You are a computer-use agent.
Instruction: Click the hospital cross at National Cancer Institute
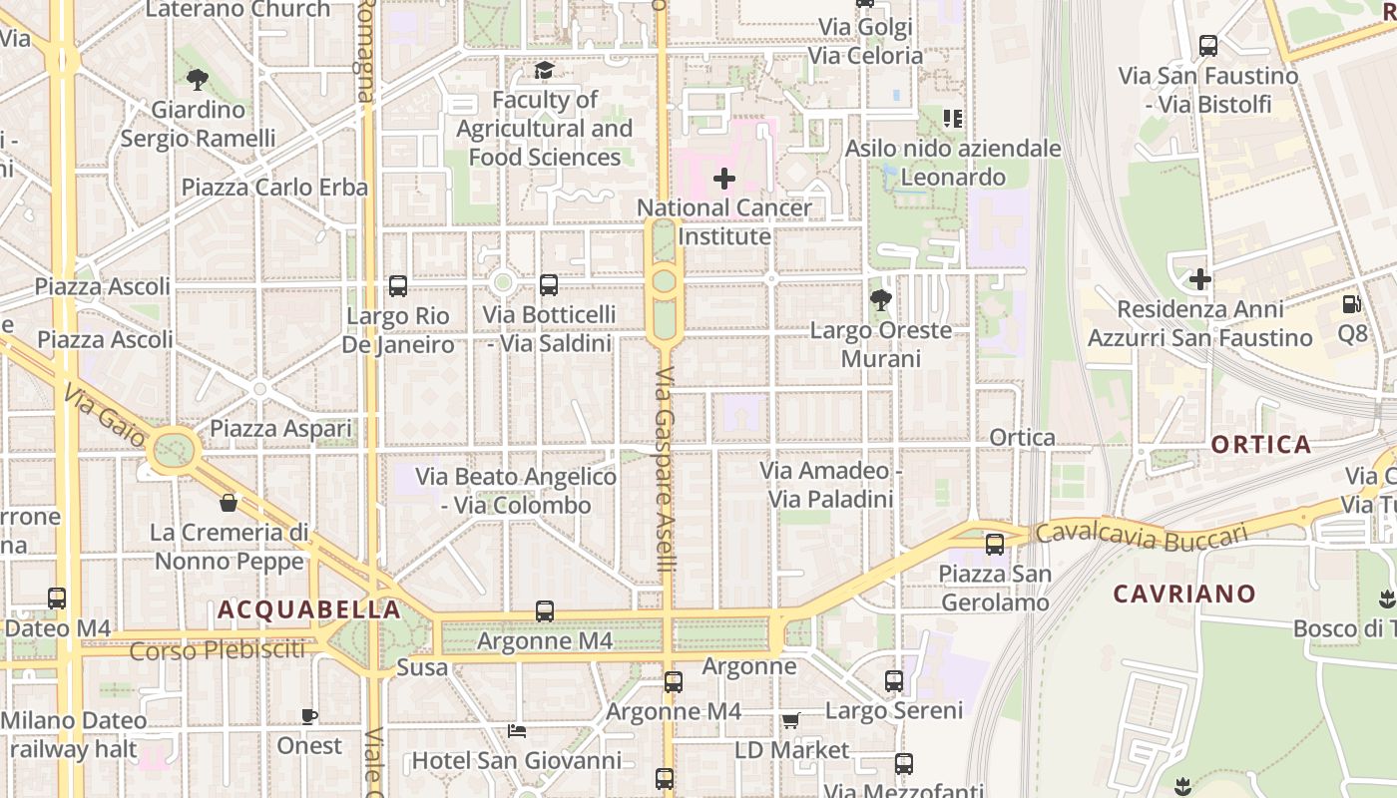724,180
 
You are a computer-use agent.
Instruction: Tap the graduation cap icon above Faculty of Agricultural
544,70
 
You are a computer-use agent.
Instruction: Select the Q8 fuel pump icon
1352,303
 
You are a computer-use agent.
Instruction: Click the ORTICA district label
1261,445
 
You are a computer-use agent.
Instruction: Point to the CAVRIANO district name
1184,595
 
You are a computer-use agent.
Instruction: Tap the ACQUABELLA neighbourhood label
309,609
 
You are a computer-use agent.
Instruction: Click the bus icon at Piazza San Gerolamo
995,545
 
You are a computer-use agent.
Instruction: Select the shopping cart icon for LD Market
791,720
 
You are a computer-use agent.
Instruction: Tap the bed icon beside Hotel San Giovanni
517,731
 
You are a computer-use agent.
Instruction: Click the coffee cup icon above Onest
309,716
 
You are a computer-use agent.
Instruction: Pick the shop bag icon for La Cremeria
229,502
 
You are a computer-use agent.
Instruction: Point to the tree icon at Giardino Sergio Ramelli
198,79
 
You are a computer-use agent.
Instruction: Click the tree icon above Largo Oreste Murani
880,299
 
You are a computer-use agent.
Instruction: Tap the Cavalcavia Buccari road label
1142,536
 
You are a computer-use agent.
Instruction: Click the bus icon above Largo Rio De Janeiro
398,286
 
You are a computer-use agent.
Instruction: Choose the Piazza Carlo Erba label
274,188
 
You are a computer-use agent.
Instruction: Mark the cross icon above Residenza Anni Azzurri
1200,279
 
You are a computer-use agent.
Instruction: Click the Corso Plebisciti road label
218,651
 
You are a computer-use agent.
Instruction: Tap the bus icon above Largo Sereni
894,681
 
